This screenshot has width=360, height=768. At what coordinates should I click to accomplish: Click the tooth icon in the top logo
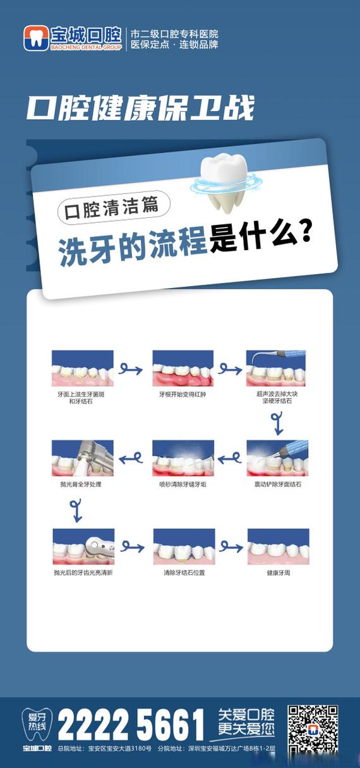coord(35,39)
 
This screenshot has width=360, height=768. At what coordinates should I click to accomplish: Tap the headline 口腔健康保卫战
coord(140,109)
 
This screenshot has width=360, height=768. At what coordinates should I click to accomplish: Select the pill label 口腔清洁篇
coord(114,208)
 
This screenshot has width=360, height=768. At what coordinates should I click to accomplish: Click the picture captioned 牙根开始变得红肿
coord(183,368)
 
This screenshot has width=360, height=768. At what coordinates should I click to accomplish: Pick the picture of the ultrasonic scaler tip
coord(276,368)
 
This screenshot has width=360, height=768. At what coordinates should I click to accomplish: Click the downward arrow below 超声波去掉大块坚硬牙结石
coord(276,423)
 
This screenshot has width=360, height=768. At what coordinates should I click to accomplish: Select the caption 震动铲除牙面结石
coord(278,484)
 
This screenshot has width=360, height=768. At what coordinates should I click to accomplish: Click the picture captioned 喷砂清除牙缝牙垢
coord(183,459)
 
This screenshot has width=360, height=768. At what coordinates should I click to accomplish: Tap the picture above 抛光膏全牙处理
coord(82,459)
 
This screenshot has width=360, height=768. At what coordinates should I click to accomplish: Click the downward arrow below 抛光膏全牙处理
coord(76,510)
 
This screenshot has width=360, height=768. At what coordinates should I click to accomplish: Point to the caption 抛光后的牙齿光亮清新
coord(83,572)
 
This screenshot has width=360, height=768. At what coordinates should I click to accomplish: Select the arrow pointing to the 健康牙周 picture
coord(231,546)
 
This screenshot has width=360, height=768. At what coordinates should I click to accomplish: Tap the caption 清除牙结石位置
coord(183,572)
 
